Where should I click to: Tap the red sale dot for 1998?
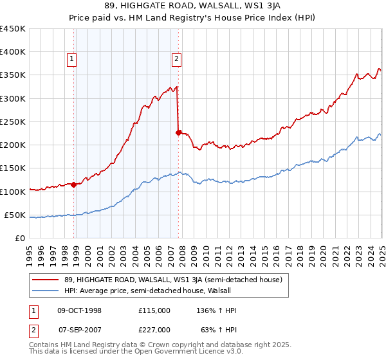[x=73, y=184]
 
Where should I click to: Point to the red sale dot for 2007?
[x=178, y=132]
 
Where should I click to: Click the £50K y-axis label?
[x=15, y=215]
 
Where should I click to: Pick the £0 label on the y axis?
[x=19, y=239]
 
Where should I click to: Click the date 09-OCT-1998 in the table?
[x=80, y=310]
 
